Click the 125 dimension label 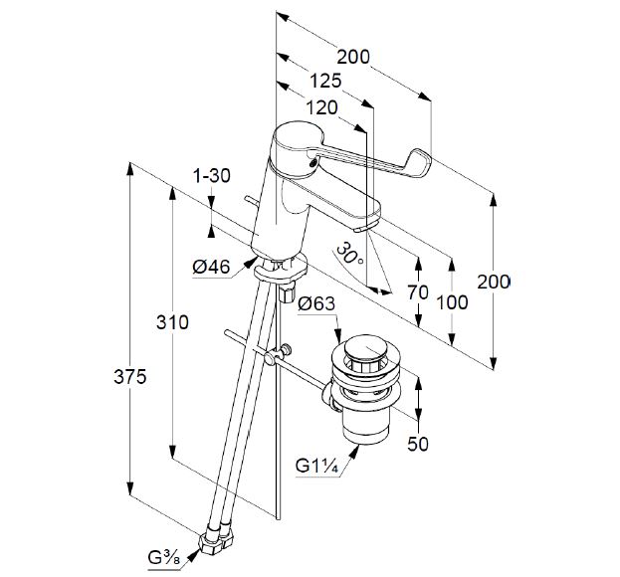[x=325, y=82]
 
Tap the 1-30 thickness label [x=211, y=176]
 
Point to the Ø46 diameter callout [x=211, y=266]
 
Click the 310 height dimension [x=172, y=322]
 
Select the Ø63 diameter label [x=316, y=303]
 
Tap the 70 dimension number [x=419, y=292]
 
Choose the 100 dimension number [x=454, y=300]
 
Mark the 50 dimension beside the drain [x=418, y=445]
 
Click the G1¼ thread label [x=317, y=465]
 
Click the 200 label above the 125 [x=352, y=58]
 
